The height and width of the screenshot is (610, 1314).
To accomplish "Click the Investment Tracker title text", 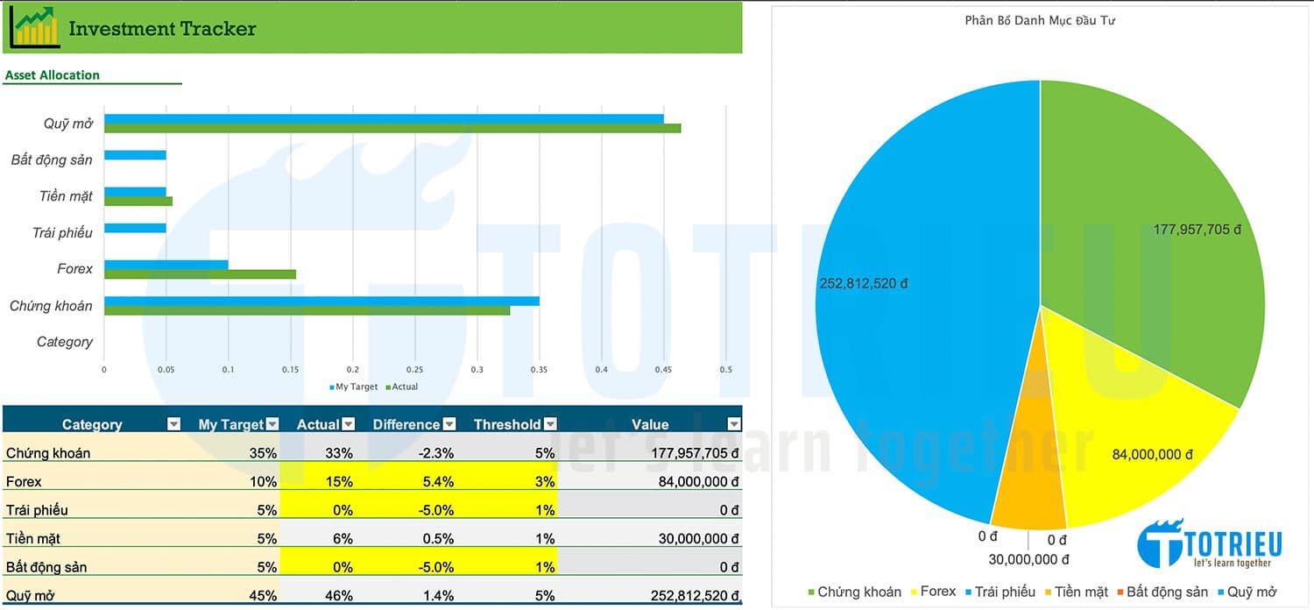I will click(162, 29).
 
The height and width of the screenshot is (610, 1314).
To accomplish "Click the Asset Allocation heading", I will click(53, 75).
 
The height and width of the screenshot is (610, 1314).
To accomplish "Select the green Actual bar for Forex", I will click(200, 274).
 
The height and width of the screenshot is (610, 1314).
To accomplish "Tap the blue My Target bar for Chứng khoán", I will click(321, 301).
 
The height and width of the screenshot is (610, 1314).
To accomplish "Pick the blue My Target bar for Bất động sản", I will click(135, 155).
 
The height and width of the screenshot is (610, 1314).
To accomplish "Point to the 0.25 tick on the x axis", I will click(414, 370).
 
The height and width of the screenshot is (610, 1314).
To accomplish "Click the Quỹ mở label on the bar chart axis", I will click(68, 124).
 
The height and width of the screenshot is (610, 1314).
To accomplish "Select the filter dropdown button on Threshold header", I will click(550, 424).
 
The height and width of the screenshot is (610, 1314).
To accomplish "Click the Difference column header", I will click(406, 424).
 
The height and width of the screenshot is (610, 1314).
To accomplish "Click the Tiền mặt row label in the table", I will click(33, 539).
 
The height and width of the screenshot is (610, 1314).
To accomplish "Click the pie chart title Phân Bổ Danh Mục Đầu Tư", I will click(1039, 20).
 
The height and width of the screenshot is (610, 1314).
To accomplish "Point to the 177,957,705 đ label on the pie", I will click(1197, 230).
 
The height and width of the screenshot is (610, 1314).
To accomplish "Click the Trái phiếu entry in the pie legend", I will click(999, 592).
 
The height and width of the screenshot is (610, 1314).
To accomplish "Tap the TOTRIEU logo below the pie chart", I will click(1209, 543).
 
